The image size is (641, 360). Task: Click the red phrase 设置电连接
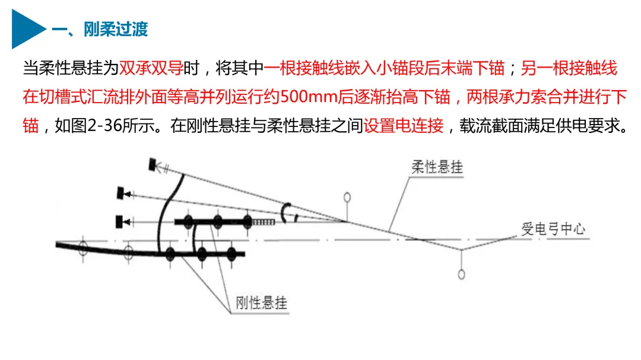coord(404,126)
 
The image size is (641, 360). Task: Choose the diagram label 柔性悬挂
coord(437,167)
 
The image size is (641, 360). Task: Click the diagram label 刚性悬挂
coord(261,303)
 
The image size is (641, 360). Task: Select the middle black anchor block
coord(124,193)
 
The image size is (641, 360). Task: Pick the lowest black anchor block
coord(123,222)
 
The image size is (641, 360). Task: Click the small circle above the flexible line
coord(347,197)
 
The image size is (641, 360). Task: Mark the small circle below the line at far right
coord(461,273)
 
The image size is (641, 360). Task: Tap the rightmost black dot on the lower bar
coord(232,254)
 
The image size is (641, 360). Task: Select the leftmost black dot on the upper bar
coord(188,222)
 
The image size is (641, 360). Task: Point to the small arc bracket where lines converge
coord(287,212)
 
